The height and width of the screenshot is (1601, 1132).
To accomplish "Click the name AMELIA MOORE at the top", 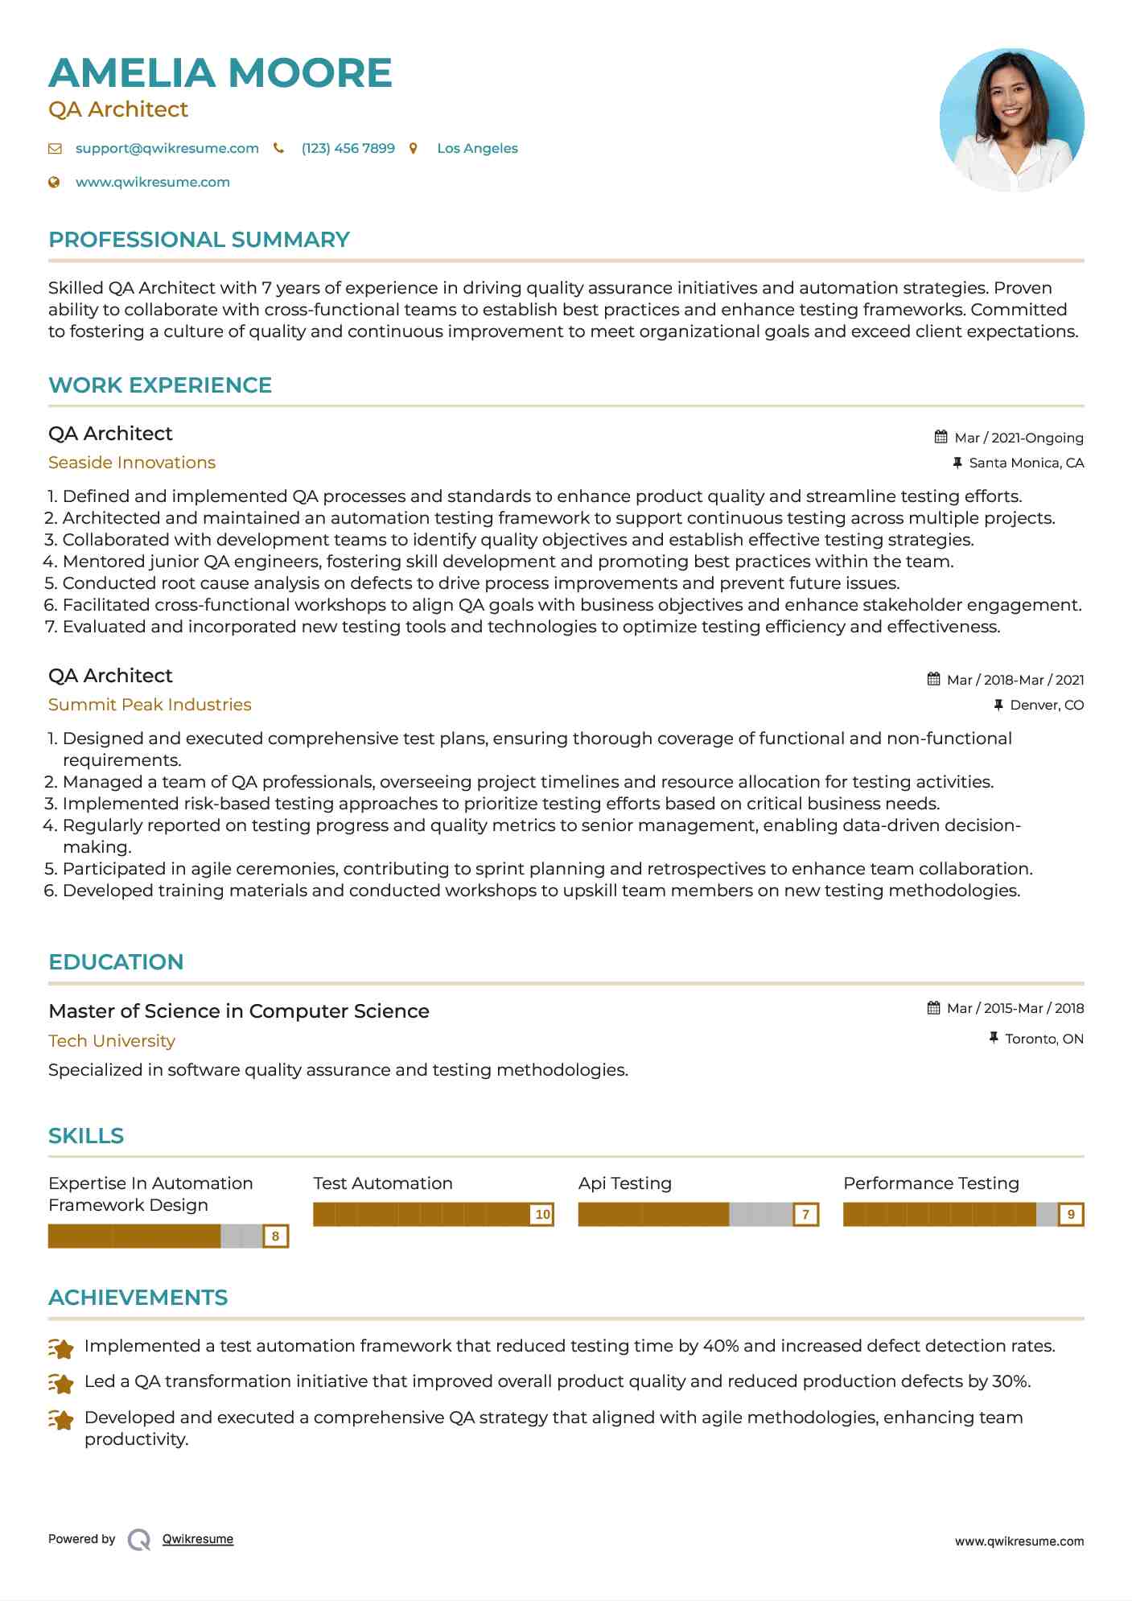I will point(220,73).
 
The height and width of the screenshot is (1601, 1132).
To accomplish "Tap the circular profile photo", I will point(1011,120).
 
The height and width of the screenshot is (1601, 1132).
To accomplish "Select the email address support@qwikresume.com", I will point(167,149).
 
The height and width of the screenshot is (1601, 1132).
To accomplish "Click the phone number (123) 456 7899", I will point(348,149).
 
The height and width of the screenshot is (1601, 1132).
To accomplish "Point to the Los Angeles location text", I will point(477,149).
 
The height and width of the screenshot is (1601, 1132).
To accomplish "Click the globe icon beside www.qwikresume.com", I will point(55,183).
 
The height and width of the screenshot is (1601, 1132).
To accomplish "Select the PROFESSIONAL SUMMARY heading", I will point(199,240).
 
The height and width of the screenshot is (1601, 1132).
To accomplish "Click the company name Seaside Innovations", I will point(132,463).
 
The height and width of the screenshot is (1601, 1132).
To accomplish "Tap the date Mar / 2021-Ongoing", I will point(1019,438).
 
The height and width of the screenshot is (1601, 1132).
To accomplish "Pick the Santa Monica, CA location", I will point(1026,463).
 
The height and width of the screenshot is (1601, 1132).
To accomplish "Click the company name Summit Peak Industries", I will point(150,705).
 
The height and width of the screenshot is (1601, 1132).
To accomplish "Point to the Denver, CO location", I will point(1047,705).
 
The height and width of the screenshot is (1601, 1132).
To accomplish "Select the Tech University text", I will point(112,1041).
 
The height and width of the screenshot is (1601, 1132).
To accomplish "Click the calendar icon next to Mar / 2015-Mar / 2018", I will point(933,1008).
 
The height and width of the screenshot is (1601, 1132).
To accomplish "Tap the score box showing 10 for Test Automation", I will point(542,1214).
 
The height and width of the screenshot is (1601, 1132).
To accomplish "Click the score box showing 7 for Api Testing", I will point(805,1214).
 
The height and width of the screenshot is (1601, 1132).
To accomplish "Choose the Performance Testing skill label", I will point(931,1183).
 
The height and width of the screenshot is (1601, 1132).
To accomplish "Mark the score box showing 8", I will point(275,1236).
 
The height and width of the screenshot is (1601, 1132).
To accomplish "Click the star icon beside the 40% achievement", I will point(61,1348).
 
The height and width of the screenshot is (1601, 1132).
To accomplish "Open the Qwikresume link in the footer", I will point(198,1539).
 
